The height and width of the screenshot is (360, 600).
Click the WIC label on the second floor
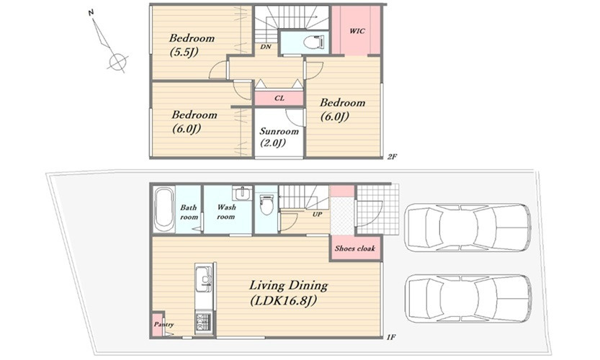tap(357, 31)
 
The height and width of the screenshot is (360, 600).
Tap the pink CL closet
tap(279, 99)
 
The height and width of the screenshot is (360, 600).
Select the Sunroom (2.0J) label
tap(279, 137)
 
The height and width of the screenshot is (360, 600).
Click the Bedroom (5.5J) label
tap(192, 45)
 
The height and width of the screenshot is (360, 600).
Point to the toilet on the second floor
tap(315, 42)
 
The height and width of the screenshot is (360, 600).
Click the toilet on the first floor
tap(267, 204)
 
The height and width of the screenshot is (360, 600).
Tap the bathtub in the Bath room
tap(164, 210)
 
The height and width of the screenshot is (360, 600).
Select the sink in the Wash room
tap(242, 193)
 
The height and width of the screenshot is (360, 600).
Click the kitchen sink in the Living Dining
tap(204, 276)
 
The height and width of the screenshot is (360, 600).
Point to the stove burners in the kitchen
tap(203, 322)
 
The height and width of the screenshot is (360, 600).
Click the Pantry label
tap(164, 325)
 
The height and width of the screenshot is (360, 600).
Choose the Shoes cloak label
tap(354, 248)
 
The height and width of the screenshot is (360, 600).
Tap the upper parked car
tap(467, 228)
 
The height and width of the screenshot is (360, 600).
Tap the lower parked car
tap(467, 298)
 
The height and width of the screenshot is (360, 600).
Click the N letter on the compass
tap(91, 13)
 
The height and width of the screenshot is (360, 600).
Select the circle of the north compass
tap(117, 61)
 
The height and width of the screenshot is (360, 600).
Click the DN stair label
tap(266, 47)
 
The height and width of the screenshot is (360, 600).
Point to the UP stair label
tap(317, 215)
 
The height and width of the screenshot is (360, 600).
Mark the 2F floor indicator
tap(392, 156)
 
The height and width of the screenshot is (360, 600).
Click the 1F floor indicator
tap(390, 337)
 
